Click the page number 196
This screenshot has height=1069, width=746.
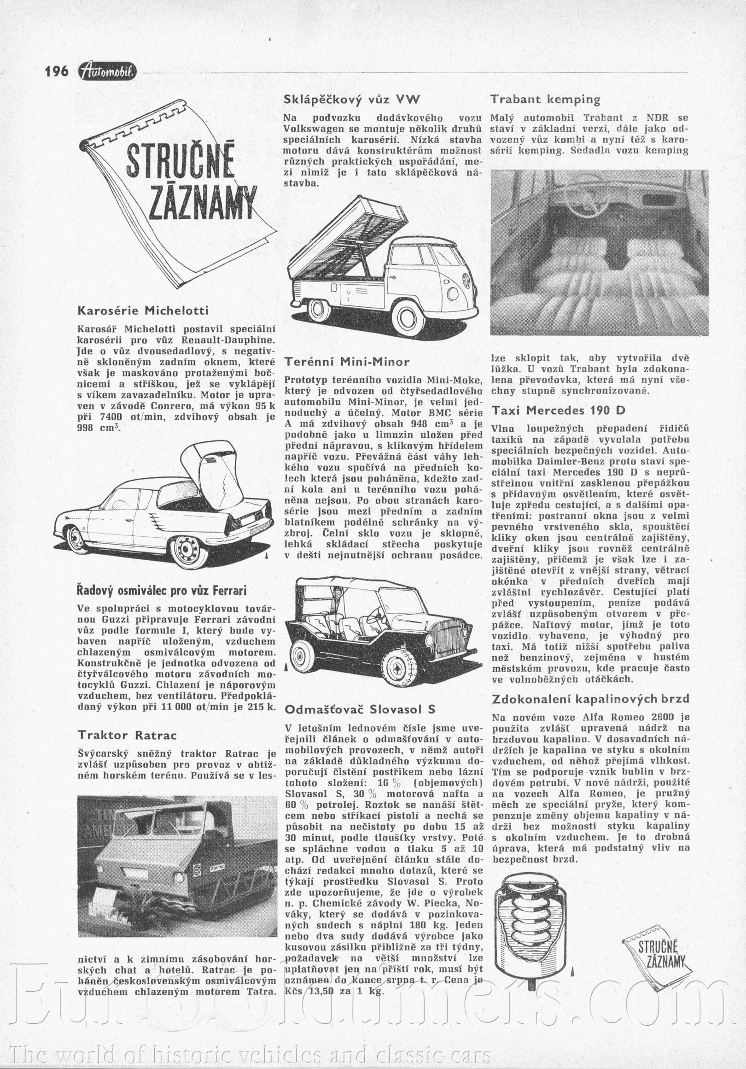56,71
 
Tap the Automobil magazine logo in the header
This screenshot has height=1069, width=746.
108,71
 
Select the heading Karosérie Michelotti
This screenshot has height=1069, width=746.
143,311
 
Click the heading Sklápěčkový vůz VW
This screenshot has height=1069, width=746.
352,100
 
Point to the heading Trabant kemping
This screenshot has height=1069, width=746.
545,100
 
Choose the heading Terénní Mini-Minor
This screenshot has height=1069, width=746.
347,362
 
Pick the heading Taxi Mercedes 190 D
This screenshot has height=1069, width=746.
559,411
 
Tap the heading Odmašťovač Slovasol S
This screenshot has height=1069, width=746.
360,710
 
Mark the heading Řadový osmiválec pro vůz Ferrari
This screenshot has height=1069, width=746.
162,591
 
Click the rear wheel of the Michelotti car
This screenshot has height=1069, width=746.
188,552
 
